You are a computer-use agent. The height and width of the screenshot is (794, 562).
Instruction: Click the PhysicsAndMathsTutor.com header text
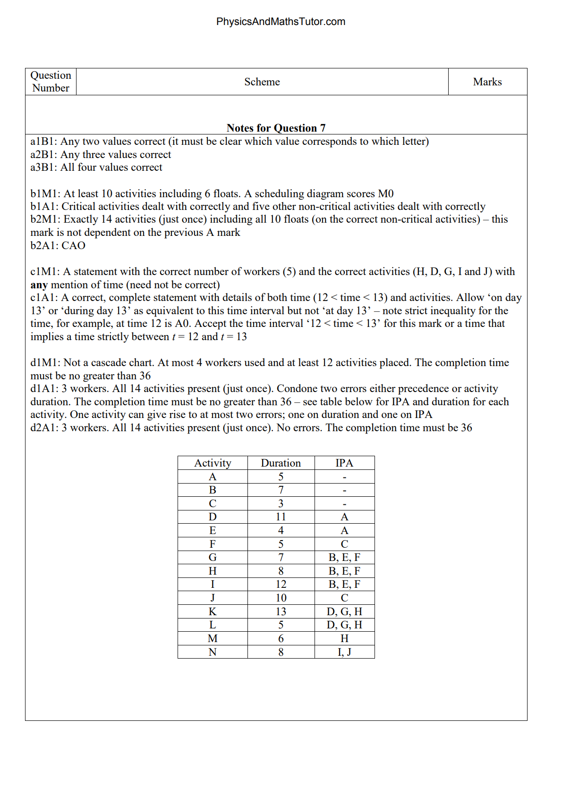coord(281,22)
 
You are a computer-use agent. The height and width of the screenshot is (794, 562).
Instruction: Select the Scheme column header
coord(262,82)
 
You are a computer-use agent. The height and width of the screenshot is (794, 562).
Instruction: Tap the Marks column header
coord(487,82)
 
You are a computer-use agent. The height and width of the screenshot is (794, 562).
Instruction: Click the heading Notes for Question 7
coord(276,128)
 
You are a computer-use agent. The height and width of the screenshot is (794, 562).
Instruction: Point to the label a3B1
coord(43,167)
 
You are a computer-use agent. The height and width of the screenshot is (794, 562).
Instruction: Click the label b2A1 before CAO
coord(44,246)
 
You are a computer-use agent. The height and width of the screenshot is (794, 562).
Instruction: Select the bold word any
coord(39,285)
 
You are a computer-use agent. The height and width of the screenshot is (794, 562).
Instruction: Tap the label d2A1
coord(44,428)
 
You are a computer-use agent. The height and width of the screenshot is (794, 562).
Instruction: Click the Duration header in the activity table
coord(281,463)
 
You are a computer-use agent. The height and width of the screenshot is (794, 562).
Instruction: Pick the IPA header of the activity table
coord(344,463)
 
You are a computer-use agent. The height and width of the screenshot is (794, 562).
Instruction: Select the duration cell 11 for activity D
coord(281,517)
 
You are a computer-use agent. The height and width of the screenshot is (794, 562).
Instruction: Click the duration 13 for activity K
coord(281,612)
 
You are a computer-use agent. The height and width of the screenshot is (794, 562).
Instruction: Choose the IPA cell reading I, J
coord(344,652)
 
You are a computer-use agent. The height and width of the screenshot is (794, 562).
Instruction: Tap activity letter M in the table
coord(213,639)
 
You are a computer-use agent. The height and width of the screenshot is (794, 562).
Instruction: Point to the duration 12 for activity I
coord(281,585)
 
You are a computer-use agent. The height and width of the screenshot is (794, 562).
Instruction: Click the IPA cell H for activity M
coord(344,639)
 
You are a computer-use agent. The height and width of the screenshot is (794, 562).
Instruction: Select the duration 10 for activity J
coord(281,598)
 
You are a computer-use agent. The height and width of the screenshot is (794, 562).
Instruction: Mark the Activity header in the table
coord(213,463)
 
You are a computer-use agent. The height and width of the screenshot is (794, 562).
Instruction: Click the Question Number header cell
coord(51,82)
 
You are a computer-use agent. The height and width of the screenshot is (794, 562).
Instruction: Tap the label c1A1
coord(44,298)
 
